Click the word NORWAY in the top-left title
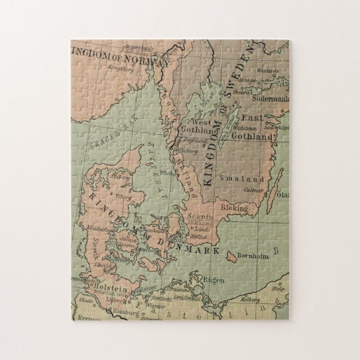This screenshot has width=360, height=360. [146, 60]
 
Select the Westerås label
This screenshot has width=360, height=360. [267, 71]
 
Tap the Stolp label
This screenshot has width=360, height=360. [278, 289]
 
